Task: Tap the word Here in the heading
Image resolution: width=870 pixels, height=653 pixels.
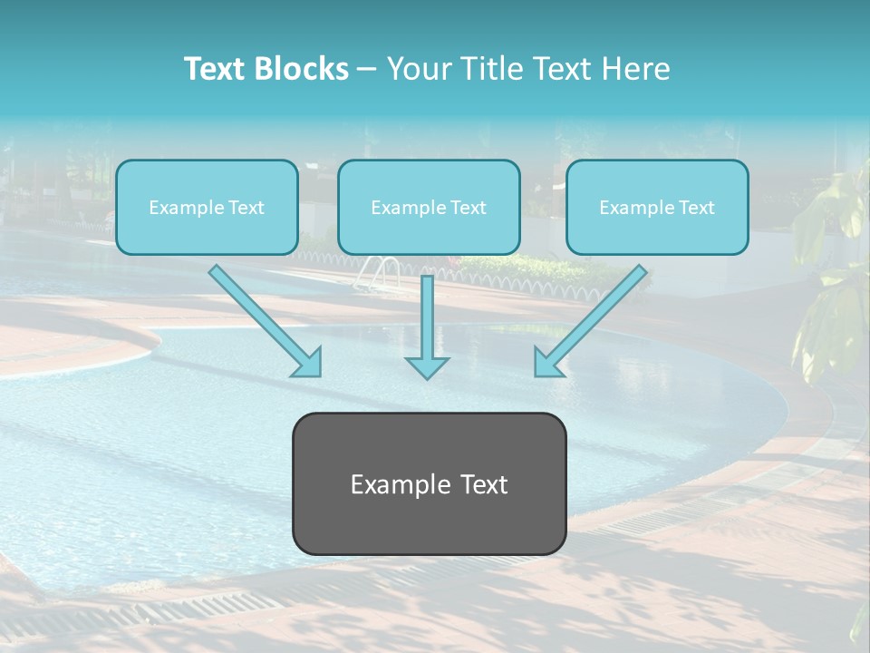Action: [639, 69]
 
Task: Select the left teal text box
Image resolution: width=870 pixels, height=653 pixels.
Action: [207, 208]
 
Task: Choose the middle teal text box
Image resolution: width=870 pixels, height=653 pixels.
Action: [429, 208]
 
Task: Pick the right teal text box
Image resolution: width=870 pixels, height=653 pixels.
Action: [657, 208]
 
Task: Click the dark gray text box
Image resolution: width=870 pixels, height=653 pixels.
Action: [429, 483]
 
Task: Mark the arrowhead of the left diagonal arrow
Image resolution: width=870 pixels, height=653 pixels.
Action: [308, 363]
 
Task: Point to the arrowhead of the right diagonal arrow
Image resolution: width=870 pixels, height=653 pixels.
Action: [547, 363]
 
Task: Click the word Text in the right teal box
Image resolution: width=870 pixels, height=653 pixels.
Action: [695, 208]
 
